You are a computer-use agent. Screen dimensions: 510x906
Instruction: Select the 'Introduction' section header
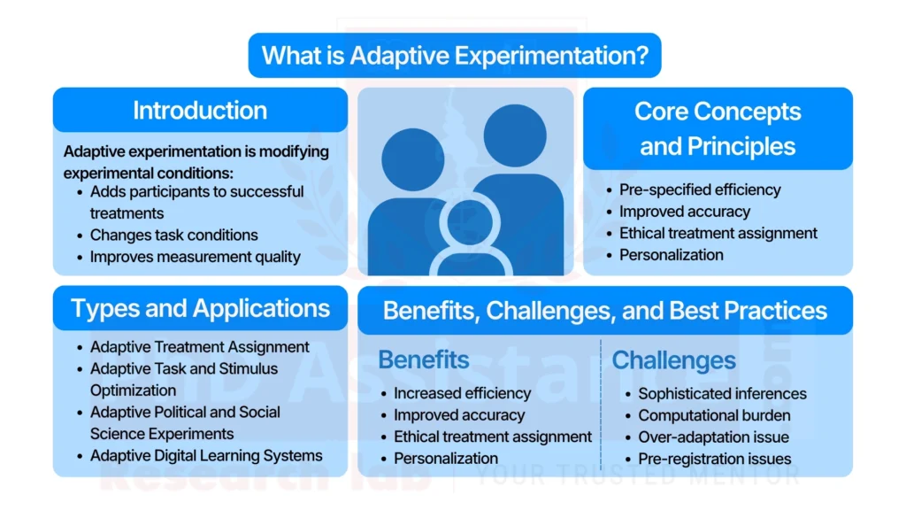pos(200,111)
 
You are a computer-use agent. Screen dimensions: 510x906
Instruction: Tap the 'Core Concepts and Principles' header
pos(718,128)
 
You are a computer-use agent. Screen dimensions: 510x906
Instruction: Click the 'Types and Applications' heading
pos(200,308)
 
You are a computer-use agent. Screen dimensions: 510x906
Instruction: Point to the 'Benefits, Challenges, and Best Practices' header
pos(605,311)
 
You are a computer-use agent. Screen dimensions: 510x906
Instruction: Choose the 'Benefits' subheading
pos(424,359)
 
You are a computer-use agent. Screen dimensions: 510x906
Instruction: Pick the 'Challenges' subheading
pos(673,359)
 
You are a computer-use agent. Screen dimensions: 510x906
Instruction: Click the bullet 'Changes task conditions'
pos(173,235)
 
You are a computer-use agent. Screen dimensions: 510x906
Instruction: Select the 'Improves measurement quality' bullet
pos(195,257)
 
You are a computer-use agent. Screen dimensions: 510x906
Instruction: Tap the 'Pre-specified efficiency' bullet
pos(700,189)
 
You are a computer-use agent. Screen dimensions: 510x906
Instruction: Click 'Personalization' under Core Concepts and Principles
pos(671,255)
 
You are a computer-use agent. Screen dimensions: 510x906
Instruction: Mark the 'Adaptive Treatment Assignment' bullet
pos(199,347)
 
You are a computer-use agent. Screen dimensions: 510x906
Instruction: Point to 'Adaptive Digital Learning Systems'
pos(205,456)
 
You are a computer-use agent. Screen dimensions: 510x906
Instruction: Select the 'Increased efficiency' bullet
pos(462,393)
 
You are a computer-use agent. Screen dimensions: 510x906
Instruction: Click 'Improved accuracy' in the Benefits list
pos(459,415)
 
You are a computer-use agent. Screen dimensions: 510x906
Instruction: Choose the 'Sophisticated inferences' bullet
pos(722,393)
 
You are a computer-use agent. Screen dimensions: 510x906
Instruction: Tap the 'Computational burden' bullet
pos(714,415)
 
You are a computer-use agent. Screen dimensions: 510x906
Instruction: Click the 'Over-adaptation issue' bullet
pos(713,437)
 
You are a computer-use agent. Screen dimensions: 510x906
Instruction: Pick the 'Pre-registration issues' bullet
pos(714,459)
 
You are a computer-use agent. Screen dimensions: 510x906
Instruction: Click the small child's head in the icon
pos(468,222)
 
